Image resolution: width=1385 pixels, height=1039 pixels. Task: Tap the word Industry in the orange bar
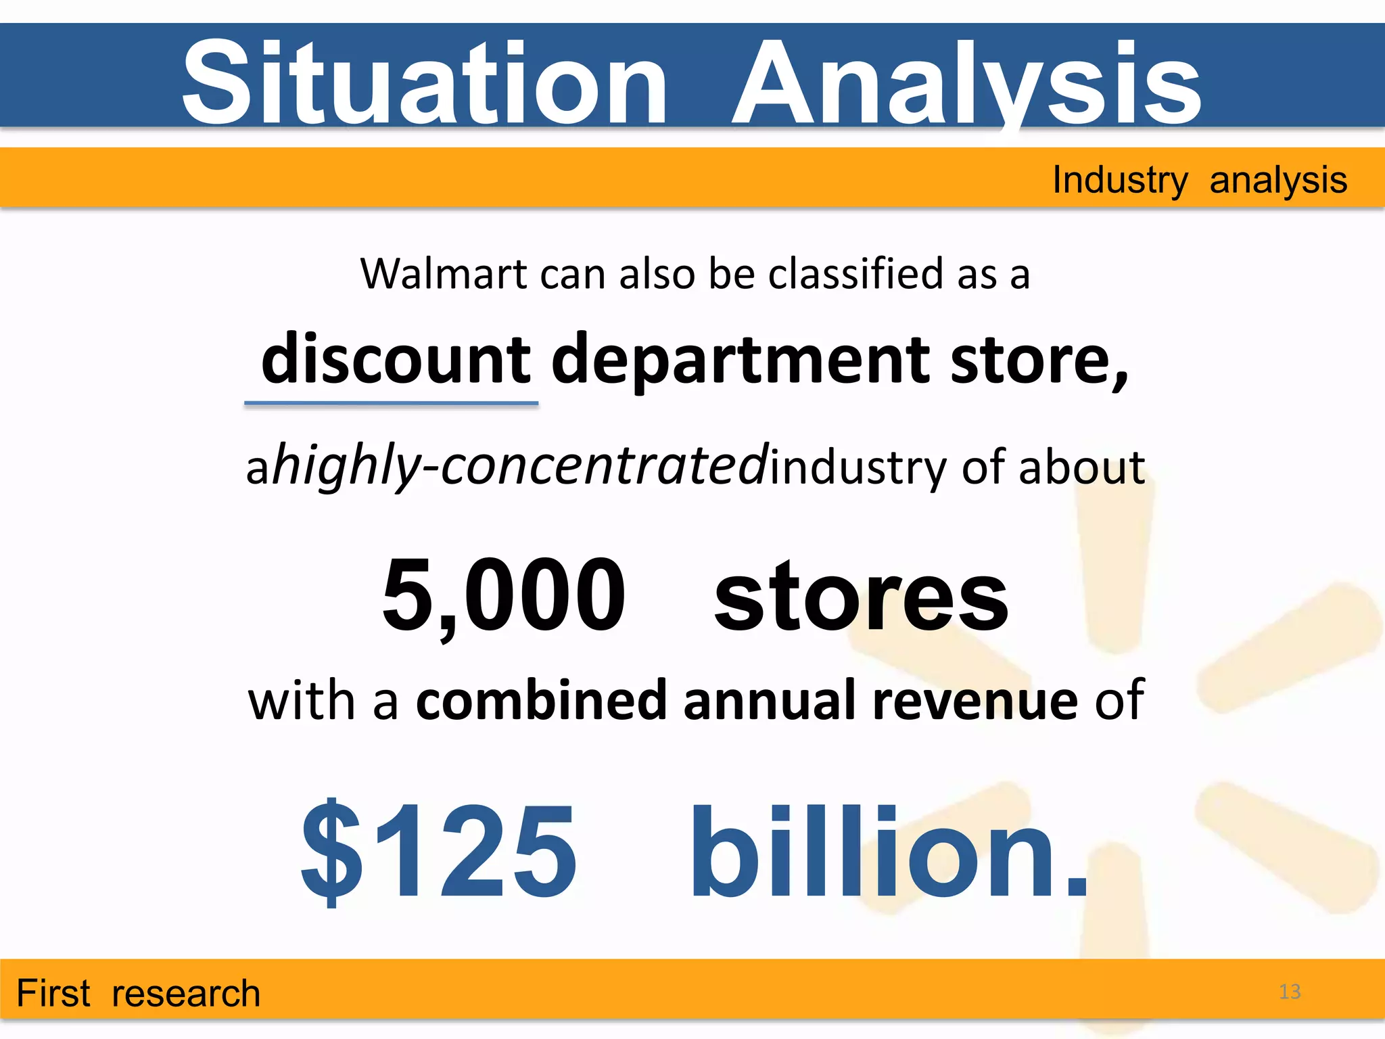pos(1120,181)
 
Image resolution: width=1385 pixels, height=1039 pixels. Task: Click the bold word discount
pos(396,359)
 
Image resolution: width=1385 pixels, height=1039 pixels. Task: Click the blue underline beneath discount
pos(391,404)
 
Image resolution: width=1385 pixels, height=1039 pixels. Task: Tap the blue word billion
pos(887,852)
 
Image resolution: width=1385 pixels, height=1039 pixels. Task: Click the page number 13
pos(1290,992)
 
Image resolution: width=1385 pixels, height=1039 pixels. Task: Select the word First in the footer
pos(53,993)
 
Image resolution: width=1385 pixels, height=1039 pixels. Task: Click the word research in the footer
pos(186,994)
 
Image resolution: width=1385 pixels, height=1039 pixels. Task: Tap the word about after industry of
pos(1081,467)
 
